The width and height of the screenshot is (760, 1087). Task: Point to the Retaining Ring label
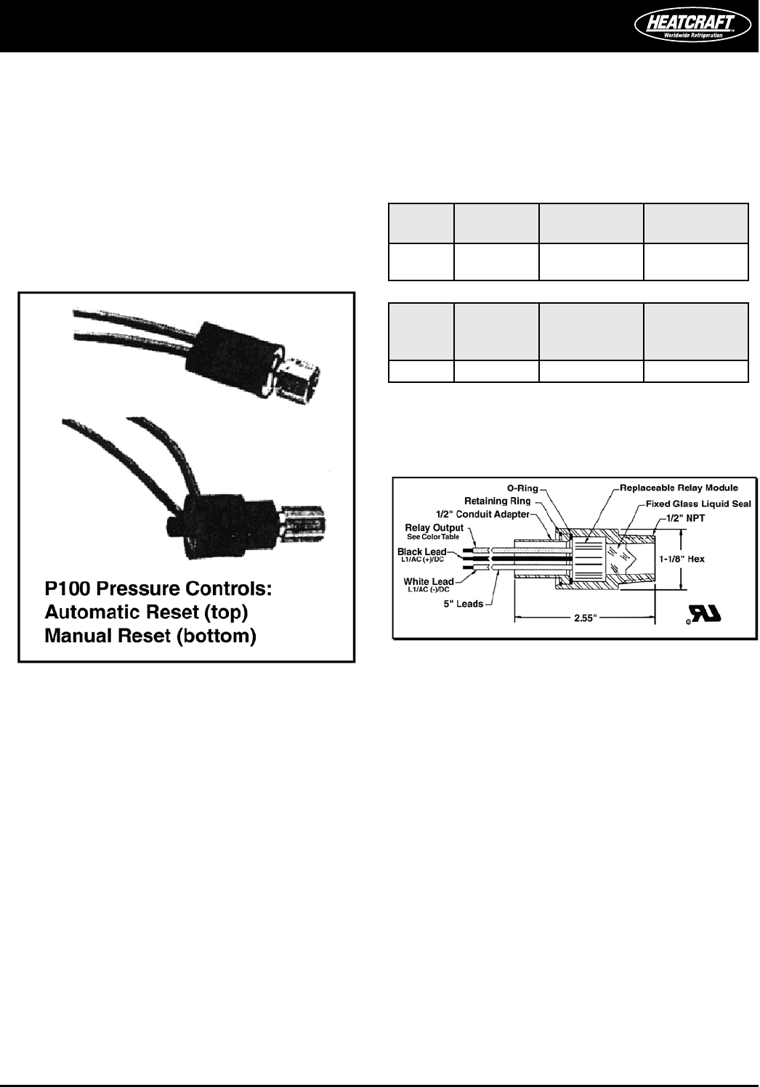[498, 501]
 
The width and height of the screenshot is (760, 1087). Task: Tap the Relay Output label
[434, 528]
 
